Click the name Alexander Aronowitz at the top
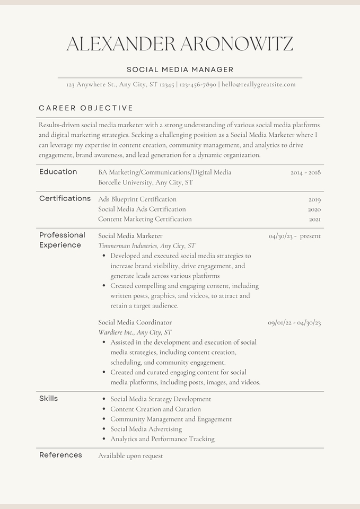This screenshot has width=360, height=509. click(180, 44)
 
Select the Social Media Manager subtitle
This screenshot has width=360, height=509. click(180, 69)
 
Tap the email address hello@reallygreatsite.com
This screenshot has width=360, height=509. click(259, 84)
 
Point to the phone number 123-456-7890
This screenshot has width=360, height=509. click(198, 84)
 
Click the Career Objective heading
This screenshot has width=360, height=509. click(86, 108)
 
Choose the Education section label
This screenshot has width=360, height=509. click(58, 172)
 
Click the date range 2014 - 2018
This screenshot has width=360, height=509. click(305, 172)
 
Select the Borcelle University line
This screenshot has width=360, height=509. click(145, 182)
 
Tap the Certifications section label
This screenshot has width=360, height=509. click(65, 198)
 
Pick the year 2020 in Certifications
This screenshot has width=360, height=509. click(314, 209)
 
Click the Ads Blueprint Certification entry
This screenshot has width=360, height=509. click(137, 199)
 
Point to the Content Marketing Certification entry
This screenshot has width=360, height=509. click(145, 219)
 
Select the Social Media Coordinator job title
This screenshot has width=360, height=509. click(135, 322)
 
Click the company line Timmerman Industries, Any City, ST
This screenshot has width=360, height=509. click(146, 246)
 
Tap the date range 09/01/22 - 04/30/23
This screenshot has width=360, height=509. click(294, 322)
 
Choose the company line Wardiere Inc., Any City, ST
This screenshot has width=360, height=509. click(135, 332)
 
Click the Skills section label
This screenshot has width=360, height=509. click(48, 399)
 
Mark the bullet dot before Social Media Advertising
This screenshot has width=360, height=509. click(104, 429)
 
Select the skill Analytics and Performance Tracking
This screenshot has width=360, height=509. click(162, 439)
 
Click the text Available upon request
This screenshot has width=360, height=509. click(130, 456)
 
